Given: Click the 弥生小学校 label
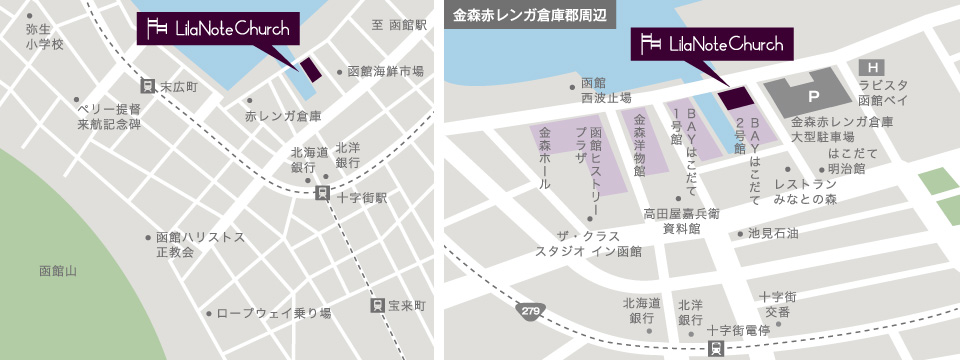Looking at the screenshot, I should tap(45, 37).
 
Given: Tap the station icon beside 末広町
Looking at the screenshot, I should tap(148, 87).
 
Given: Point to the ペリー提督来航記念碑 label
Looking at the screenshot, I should tap(108, 116).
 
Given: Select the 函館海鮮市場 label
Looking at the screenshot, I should tap(385, 72).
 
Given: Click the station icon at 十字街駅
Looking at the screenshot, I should tap(322, 193).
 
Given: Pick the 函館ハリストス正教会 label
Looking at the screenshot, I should tap(200, 245).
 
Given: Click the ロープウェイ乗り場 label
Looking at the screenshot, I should tap(273, 313).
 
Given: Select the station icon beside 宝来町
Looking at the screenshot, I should tap(377, 305).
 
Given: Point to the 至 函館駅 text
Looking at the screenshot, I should tap(398, 24).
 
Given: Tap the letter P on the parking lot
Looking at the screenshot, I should tap(813, 97).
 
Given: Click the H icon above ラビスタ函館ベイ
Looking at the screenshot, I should tap(871, 65).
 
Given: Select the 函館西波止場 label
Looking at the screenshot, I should tap(605, 91).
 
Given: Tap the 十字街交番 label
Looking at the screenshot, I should tap(777, 304).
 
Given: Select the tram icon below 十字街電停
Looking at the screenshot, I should tap(717, 348).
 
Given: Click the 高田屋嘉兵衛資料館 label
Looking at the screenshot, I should tap(681, 220).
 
